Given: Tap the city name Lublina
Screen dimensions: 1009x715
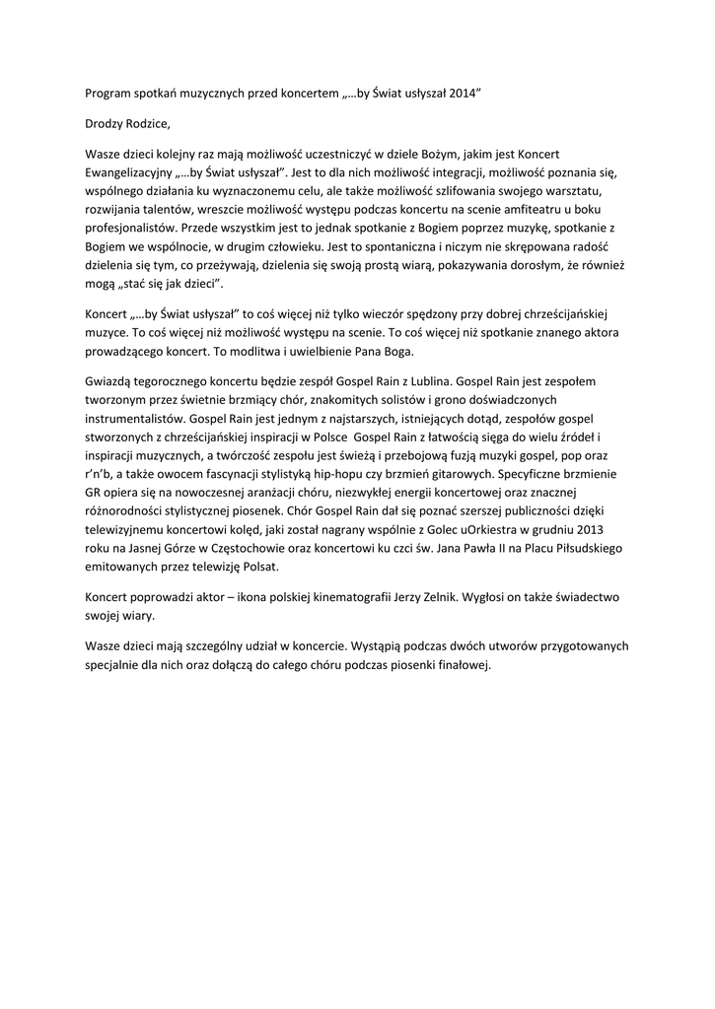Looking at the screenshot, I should click(x=422, y=380).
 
